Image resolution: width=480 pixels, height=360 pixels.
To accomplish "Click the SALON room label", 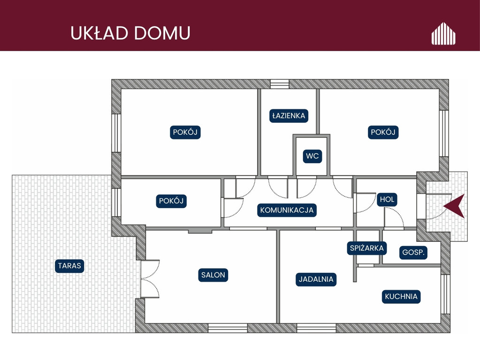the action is [x=213, y=275].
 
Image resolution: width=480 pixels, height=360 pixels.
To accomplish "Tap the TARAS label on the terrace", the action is [x=69, y=265].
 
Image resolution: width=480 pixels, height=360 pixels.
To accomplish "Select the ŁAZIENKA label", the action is [x=289, y=116].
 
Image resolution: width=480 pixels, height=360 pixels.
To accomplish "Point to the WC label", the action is [x=312, y=156].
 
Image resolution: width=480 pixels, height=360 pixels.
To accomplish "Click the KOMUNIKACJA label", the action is [x=287, y=210].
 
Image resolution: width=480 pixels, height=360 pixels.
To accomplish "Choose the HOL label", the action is [x=387, y=199].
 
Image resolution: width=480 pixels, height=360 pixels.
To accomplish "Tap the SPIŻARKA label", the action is [x=367, y=248].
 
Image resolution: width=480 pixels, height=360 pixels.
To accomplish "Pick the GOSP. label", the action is [x=413, y=252].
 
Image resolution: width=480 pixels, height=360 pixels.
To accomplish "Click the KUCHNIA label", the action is [x=401, y=296].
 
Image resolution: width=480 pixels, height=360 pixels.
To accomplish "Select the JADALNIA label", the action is [x=316, y=279].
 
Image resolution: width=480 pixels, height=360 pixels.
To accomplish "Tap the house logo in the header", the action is [x=443, y=33].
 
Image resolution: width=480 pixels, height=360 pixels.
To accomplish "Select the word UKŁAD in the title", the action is [x=99, y=33].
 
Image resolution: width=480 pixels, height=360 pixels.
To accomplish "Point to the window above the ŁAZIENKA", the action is [x=280, y=84].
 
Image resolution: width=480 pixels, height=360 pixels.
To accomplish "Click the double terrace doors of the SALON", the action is [x=150, y=278].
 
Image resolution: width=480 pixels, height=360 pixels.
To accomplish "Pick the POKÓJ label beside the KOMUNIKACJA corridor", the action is [x=171, y=201].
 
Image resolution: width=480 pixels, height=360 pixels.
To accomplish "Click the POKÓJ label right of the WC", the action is [x=383, y=132].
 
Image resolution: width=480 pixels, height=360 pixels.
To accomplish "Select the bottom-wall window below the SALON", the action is [x=228, y=328].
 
